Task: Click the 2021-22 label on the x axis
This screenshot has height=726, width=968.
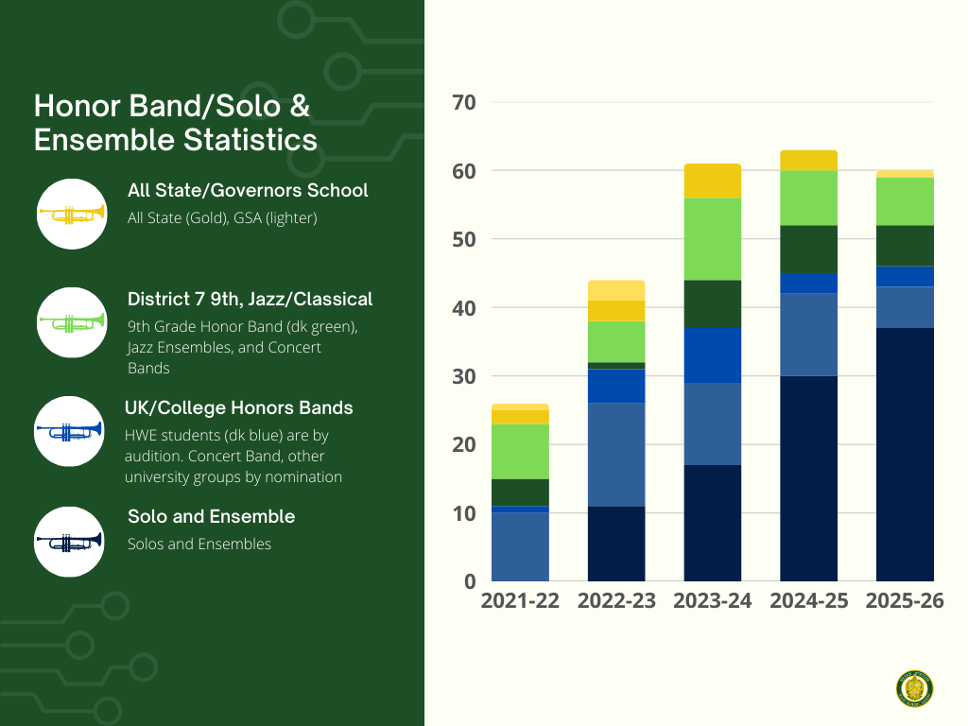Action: [520, 601]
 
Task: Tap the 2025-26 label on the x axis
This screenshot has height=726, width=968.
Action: [905, 601]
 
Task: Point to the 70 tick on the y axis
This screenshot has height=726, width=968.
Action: [465, 102]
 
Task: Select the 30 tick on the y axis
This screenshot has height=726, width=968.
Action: [465, 376]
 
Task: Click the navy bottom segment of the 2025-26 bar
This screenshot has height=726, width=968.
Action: [905, 454]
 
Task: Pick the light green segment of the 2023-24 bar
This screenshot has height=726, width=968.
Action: [712, 238]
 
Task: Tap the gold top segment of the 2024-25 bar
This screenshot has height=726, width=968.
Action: [808, 160]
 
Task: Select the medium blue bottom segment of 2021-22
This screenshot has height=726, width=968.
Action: [520, 546]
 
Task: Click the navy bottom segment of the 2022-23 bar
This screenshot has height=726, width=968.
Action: [616, 543]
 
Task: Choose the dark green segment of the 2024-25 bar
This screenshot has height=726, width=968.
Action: [808, 249]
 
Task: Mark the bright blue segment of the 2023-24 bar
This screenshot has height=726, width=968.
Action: [712, 354]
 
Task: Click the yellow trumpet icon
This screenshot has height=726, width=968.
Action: [71, 214]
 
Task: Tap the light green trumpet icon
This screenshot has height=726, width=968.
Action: [71, 322]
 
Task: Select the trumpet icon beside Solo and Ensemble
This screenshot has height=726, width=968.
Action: [68, 541]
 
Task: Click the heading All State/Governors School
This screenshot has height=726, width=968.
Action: [248, 190]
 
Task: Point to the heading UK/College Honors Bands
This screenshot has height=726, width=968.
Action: [239, 407]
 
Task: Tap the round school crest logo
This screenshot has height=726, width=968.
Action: [914, 688]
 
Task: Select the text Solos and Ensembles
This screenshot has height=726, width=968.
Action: [199, 544]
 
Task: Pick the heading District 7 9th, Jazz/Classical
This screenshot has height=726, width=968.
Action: [250, 299]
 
